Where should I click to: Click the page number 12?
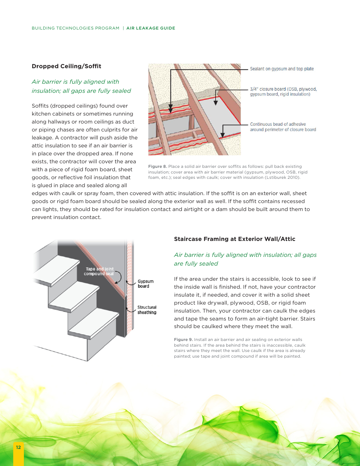[18, 447]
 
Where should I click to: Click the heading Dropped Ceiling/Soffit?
[66, 66]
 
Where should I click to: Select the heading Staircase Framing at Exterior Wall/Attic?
[234, 239]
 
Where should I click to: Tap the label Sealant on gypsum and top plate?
[282, 69]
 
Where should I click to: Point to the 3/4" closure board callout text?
[283, 92]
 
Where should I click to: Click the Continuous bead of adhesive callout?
[283, 127]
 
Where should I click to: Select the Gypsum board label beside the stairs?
[146, 284]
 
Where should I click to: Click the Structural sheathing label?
[147, 310]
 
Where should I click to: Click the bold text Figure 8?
[157, 167]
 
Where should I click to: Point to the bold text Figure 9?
[183, 340]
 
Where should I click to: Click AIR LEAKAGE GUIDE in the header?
[151, 28]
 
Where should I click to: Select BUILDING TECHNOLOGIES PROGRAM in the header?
[75, 28]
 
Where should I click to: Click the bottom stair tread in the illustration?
[93, 322]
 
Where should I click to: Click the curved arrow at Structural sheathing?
[131, 310]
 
